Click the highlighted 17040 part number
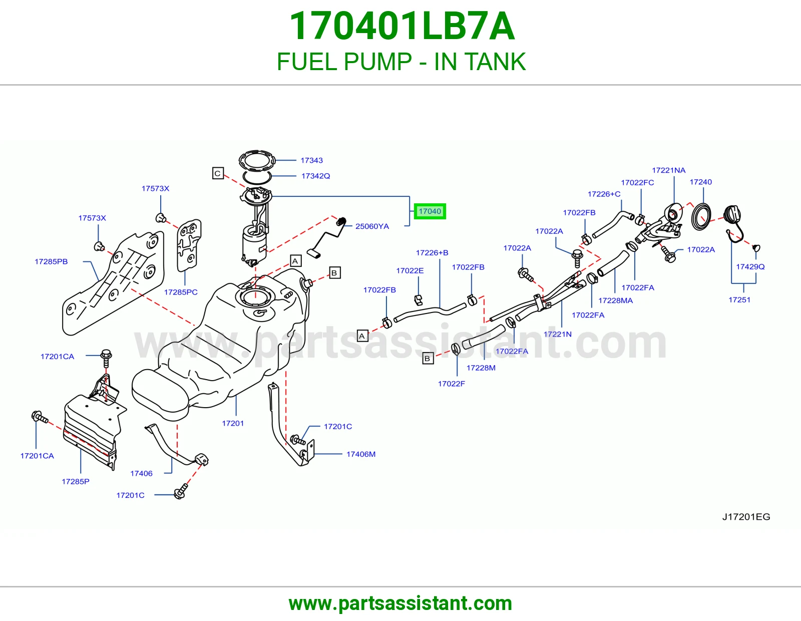point(430,211)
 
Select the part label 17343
point(311,160)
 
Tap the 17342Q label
point(315,176)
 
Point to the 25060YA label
point(372,226)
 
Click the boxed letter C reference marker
point(217,173)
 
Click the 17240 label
point(700,182)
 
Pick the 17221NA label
point(668,170)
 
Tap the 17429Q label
point(750,266)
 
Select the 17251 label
point(739,300)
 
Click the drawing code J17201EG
point(746,517)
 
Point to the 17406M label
point(361,454)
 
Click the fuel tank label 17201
point(233,423)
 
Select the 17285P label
point(75,481)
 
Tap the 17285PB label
point(51,261)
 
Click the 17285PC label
point(181,292)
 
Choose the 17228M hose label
point(481,368)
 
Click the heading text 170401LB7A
point(402,26)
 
